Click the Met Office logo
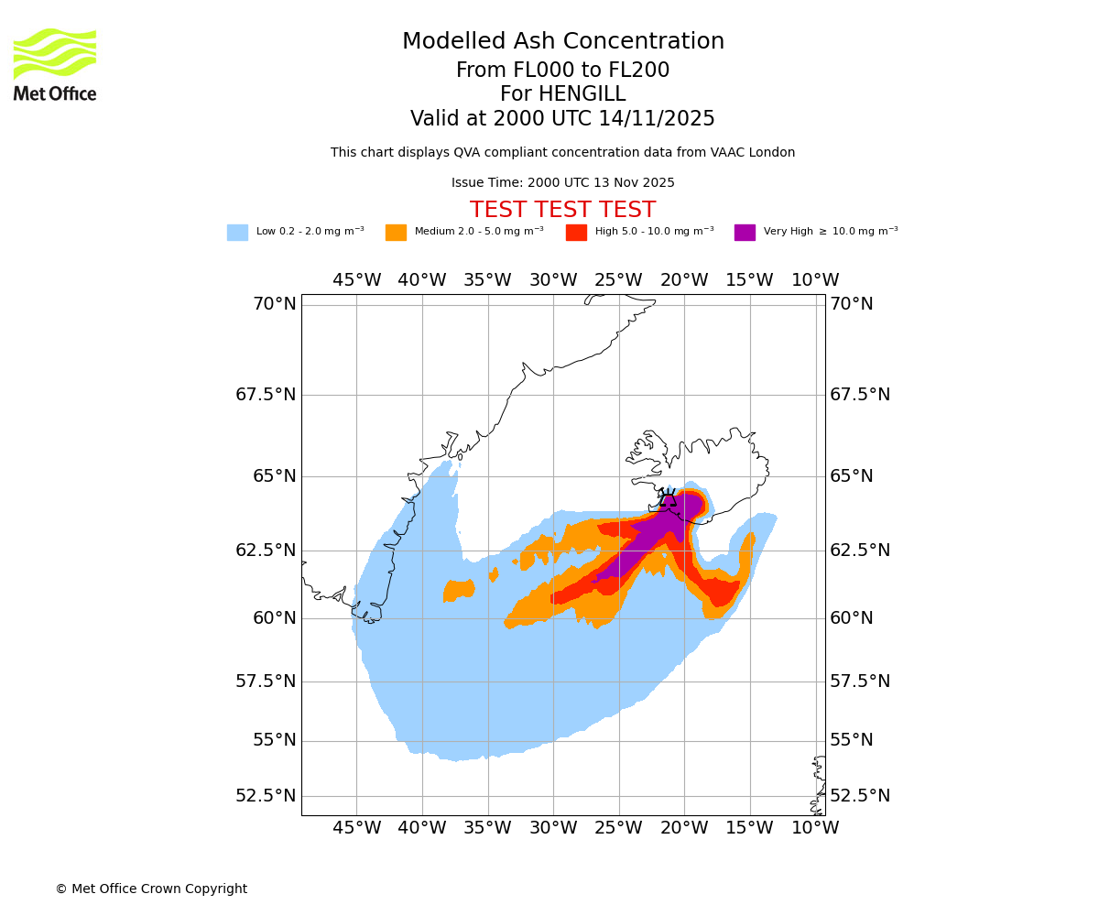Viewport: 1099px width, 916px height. pyautogui.click(x=55, y=64)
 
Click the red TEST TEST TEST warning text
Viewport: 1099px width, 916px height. pyautogui.click(x=562, y=210)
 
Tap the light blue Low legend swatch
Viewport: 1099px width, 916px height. pyautogui.click(x=237, y=233)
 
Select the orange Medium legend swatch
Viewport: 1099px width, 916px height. pyautogui.click(x=396, y=233)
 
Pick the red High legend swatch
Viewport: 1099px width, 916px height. pyautogui.click(x=576, y=233)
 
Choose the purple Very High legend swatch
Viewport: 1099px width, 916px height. pyautogui.click(x=745, y=233)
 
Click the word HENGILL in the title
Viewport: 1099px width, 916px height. pyautogui.click(x=562, y=94)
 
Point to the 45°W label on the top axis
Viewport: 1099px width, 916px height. pyautogui.click(x=356, y=280)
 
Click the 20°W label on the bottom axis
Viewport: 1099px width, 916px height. pyautogui.click(x=684, y=828)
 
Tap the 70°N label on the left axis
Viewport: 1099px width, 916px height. pyautogui.click(x=275, y=304)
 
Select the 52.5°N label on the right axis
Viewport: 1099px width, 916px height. pyautogui.click(x=860, y=796)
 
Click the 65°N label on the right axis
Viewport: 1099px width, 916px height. pyautogui.click(x=852, y=476)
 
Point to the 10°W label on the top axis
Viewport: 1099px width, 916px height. pyautogui.click(x=815, y=280)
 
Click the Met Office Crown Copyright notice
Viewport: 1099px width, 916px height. pyautogui.click(x=151, y=889)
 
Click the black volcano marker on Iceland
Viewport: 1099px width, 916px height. pyautogui.click(x=668, y=500)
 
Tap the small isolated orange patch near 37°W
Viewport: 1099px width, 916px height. pyautogui.click(x=459, y=591)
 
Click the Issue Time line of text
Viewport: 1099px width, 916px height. pyautogui.click(x=562, y=182)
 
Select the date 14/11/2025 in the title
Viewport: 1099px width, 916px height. pyautogui.click(x=657, y=119)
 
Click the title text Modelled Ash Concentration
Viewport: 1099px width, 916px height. pyautogui.click(x=562, y=41)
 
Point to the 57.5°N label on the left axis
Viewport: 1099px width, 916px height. pyautogui.click(x=266, y=682)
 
